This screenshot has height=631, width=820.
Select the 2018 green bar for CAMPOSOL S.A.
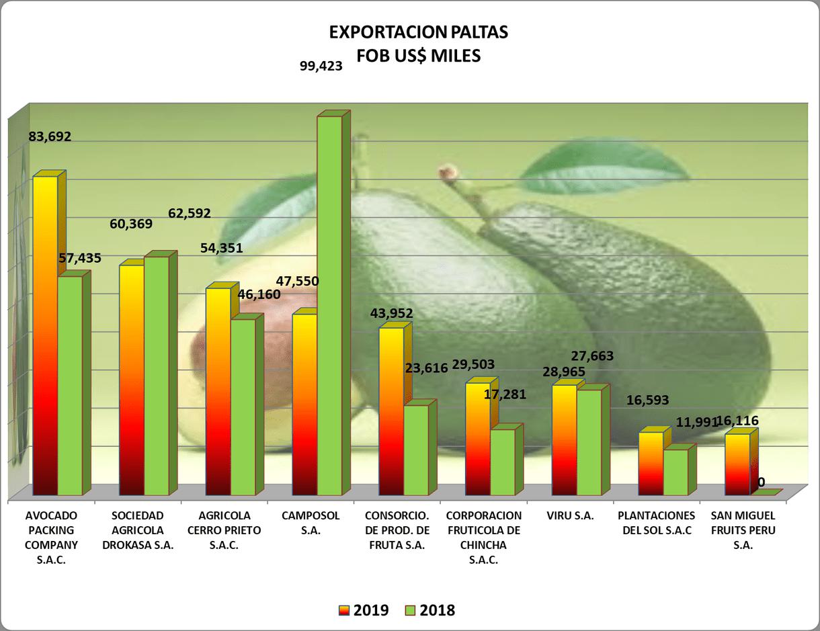point(329,306)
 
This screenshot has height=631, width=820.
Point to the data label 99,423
point(320,66)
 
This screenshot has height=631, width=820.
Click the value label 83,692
point(49,136)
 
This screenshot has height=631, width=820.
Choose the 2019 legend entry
point(364,610)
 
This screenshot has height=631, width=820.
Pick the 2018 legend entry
point(430,610)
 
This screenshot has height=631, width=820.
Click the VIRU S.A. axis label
point(570,516)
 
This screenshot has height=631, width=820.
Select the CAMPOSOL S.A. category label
point(311,523)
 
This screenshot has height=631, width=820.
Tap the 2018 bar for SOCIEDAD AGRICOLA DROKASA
point(156,376)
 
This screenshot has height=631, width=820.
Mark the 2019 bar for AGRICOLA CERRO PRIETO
point(218,391)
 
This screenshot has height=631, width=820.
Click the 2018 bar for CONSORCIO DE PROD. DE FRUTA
point(415,450)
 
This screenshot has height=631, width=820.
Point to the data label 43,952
point(391,312)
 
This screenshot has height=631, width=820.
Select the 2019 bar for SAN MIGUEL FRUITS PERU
point(737,464)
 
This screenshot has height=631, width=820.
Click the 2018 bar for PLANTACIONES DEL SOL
point(675,472)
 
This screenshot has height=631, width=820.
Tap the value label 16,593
point(647,401)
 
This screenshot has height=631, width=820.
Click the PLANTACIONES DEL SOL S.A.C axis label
point(657,523)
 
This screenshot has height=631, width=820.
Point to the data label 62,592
point(190,214)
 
